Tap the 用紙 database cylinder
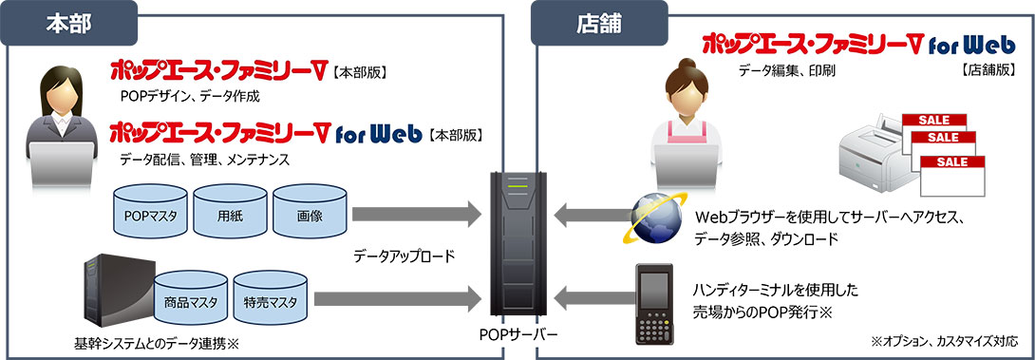click(229, 216)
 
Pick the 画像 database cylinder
click(310, 216)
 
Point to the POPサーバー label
click(519, 335)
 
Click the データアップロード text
click(405, 256)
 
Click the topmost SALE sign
click(932, 120)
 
